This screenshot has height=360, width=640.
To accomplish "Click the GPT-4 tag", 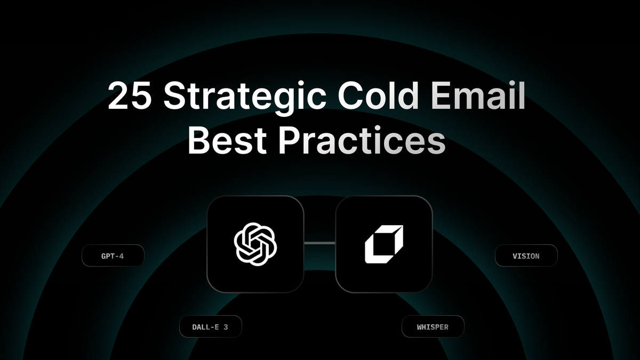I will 113,256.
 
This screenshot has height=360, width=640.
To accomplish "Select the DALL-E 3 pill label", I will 210,327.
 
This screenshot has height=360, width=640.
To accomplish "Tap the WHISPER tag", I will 433,327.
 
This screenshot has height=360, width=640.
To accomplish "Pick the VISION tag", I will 526,256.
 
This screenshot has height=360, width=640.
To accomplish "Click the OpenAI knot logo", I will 256,243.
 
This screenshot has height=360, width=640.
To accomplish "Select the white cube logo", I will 384,244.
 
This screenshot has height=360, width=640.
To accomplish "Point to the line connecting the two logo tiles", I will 319,243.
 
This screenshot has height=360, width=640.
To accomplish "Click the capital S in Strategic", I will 175,96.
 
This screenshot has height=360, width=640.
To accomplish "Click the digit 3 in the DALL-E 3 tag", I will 226,327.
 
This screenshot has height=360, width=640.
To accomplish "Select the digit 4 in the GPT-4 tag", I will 122,256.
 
